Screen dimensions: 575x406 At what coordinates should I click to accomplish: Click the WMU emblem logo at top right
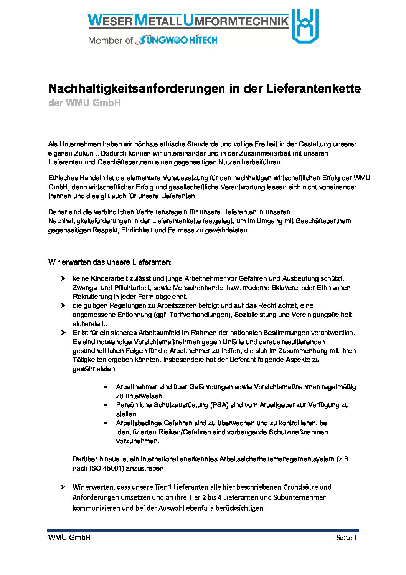click(x=305, y=26)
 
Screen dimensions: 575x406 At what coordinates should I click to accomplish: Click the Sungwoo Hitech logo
click(x=178, y=40)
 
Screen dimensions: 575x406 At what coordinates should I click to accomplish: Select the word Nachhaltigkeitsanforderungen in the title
click(x=137, y=89)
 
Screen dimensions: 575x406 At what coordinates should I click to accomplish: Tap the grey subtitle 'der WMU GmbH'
click(x=84, y=103)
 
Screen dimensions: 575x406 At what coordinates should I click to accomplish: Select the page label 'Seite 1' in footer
click(x=347, y=538)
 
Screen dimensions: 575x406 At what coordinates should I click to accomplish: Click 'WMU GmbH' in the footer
click(x=69, y=537)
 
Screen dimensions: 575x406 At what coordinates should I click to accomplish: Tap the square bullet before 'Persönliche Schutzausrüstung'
click(x=106, y=405)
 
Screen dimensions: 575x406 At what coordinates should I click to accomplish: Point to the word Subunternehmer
click(x=300, y=497)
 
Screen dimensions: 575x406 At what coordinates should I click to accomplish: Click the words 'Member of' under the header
click(x=111, y=40)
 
